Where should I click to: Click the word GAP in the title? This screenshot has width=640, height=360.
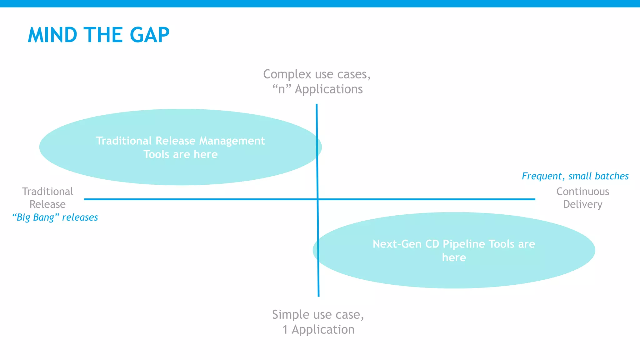pyautogui.click(x=149, y=35)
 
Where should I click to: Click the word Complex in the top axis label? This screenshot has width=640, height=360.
pyautogui.click(x=287, y=74)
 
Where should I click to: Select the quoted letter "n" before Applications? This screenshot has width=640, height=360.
pyautogui.click(x=282, y=89)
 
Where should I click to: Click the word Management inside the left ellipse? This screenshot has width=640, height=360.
pyautogui.click(x=232, y=141)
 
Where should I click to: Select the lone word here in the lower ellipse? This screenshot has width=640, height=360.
pyautogui.click(x=454, y=258)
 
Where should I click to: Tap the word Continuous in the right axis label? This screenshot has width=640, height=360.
pyautogui.click(x=582, y=192)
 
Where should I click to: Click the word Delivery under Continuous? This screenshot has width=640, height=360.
pyautogui.click(x=582, y=205)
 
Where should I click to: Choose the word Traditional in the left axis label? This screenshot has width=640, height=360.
pyautogui.click(x=47, y=192)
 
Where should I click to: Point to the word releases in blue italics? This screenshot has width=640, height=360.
pyautogui.click(x=80, y=217)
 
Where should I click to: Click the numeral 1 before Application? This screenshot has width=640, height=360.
pyautogui.click(x=285, y=330)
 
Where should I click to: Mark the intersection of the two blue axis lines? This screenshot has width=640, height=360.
pyautogui.click(x=317, y=199)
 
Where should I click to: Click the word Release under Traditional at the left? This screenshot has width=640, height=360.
pyautogui.click(x=47, y=204)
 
